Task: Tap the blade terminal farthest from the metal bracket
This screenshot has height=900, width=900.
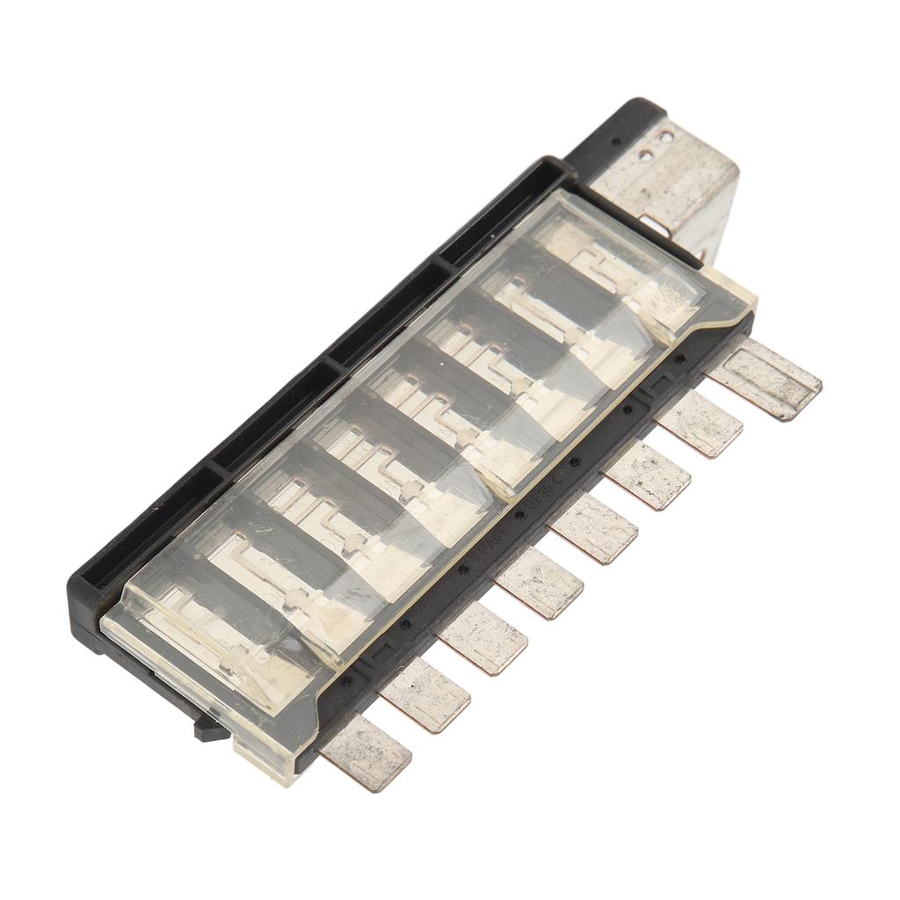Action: pos(366,752)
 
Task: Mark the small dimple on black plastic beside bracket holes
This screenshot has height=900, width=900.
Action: pos(615,141)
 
